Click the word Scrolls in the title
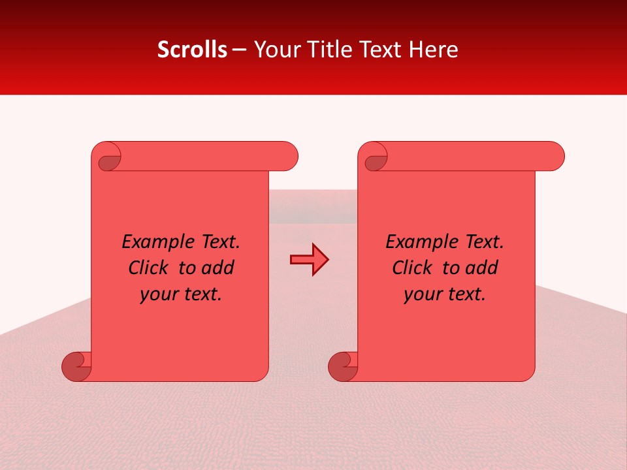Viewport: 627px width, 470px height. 192,50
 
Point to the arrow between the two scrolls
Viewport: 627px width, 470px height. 309,259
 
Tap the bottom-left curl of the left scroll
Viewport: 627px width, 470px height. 76,366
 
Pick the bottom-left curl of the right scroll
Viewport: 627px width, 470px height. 342,366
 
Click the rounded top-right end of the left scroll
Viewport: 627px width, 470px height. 287,156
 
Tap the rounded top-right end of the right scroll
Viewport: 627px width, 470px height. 554,156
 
